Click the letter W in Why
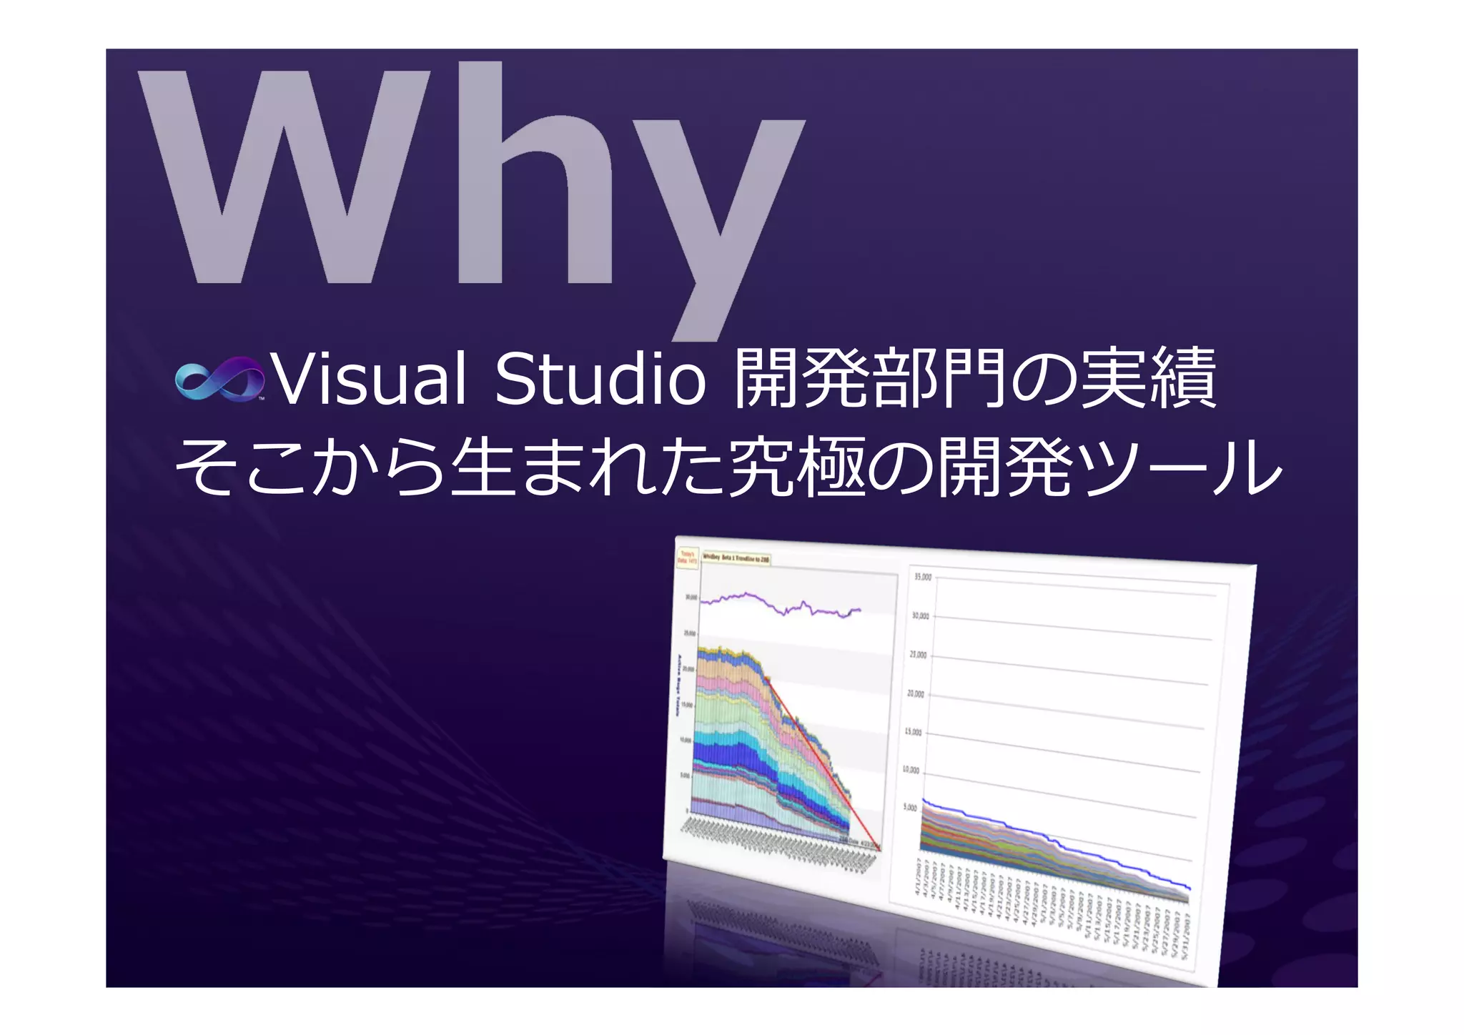pos(286,179)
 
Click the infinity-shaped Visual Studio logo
pos(219,379)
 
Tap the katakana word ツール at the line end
pos(1179,468)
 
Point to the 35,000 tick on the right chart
pos(922,577)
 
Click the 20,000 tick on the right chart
pos(916,693)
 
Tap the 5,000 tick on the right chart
pos(909,808)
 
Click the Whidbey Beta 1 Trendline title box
pos(736,558)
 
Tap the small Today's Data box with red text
pos(688,557)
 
